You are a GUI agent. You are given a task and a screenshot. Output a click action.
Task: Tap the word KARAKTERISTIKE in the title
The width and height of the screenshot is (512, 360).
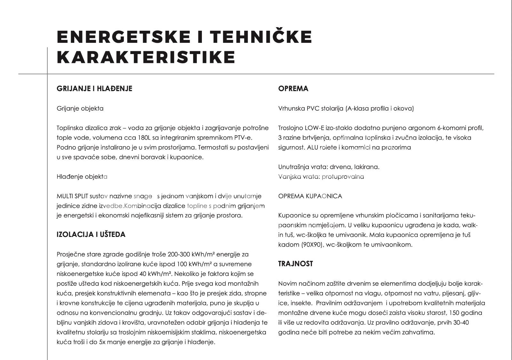pyautogui.click(x=146, y=57)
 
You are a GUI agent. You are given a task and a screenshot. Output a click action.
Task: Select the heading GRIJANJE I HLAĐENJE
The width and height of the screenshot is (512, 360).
pyautogui.click(x=94, y=89)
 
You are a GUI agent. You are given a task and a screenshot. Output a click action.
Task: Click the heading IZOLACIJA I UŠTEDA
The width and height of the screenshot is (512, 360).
pyautogui.click(x=91, y=235)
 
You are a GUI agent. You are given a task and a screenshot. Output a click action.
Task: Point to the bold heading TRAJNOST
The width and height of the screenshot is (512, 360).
pyautogui.click(x=295, y=264)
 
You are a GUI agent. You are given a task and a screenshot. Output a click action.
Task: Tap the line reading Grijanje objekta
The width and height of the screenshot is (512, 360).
pyautogui.click(x=80, y=109)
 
